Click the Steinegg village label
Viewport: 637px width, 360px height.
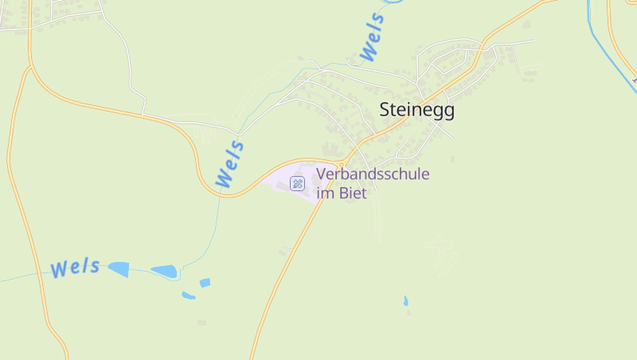pos(416,110)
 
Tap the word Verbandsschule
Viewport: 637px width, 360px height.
pos(373,174)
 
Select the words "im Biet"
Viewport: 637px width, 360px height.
pos(342,193)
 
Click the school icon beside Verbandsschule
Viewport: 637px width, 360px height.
pos(297,184)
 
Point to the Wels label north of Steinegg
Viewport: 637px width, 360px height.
pos(373,37)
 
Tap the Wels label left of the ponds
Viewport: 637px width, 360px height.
pos(75,268)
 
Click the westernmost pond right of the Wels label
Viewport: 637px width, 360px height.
pos(119,269)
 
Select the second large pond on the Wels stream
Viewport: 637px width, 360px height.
pos(165,272)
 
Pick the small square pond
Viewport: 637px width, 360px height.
pos(205,283)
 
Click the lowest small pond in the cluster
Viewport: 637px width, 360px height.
pos(188,295)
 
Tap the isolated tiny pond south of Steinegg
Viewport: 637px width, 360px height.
pos(405,301)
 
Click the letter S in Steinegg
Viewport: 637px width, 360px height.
pos(385,110)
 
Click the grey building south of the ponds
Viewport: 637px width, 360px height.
pos(201,323)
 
